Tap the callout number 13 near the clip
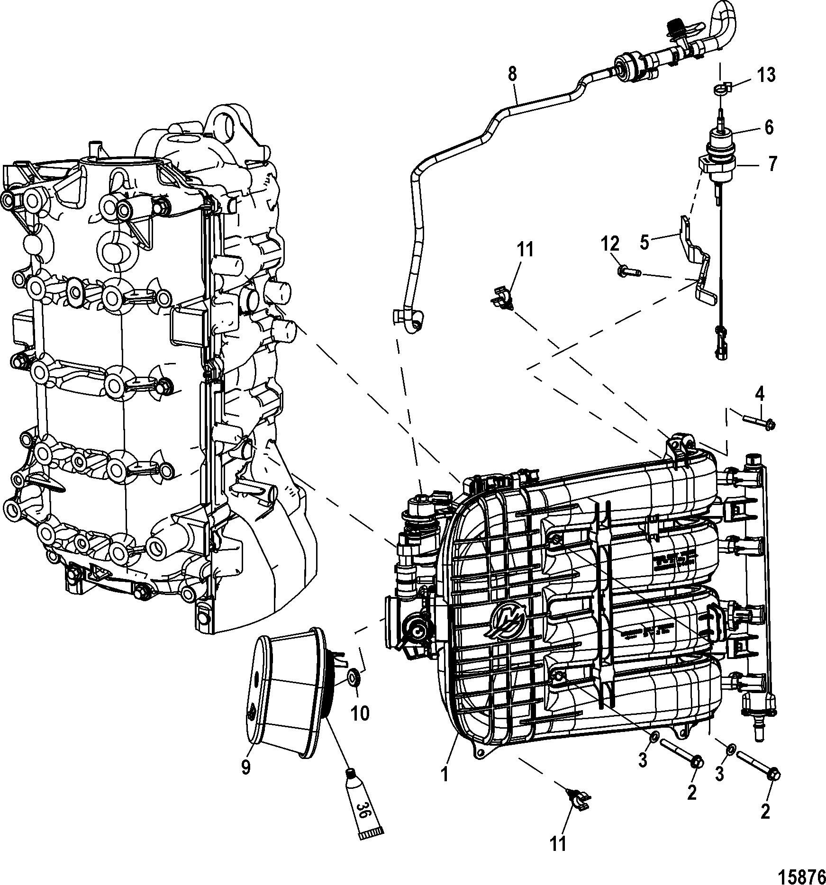click(x=766, y=75)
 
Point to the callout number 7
click(x=772, y=164)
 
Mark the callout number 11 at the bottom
click(x=559, y=843)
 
